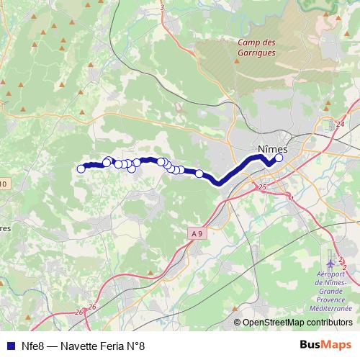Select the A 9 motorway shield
coord(198,233)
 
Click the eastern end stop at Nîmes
coord(279,158)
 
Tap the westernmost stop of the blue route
coord(81,169)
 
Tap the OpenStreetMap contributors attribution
coord(297,323)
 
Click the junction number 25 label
coord(261,187)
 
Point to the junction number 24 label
coord(339,124)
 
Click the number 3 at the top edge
coord(163,7)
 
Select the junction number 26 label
coord(91,307)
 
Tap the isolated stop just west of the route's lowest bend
coord(199,173)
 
